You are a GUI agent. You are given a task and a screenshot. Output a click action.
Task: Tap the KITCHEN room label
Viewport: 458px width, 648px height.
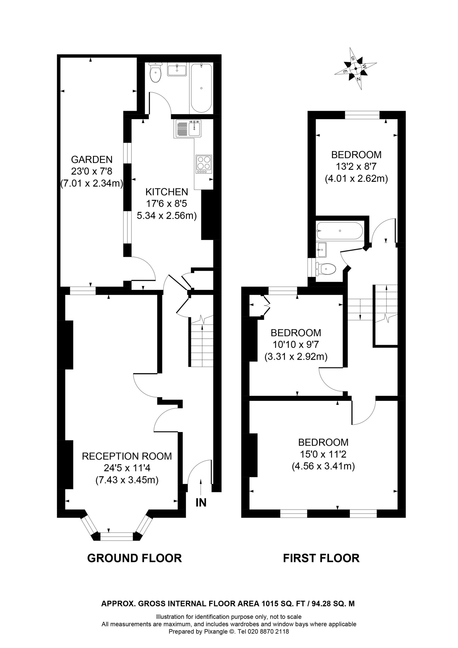point(167,192)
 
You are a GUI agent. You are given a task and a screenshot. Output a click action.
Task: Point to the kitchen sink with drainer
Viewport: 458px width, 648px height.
point(188,129)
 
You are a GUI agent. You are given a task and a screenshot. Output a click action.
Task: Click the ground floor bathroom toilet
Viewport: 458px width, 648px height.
point(155,73)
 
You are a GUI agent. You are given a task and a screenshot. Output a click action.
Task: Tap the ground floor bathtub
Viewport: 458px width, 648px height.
point(201,88)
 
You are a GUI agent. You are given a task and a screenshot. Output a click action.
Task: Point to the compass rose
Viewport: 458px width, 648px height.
point(356,69)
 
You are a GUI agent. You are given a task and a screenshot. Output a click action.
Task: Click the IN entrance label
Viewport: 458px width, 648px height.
point(201,503)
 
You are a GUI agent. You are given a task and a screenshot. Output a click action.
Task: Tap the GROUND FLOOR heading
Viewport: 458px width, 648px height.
point(134,558)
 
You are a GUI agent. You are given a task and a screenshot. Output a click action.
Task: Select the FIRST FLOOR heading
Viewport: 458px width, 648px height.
point(321,558)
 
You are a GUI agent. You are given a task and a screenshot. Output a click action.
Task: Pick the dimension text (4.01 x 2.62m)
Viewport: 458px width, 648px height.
point(356,179)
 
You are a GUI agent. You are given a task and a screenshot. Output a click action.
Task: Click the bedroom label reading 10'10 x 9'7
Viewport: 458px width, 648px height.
point(296,345)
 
